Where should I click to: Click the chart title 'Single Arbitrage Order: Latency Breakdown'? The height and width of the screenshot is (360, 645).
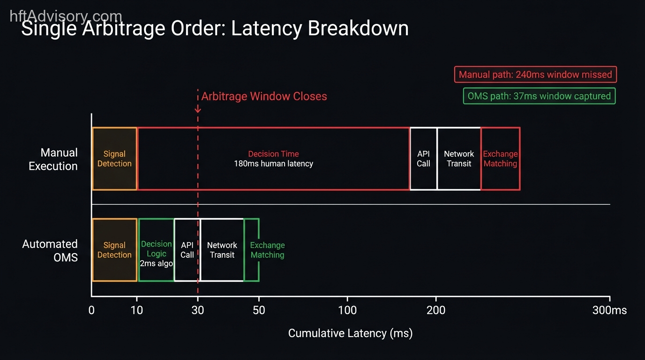(215, 29)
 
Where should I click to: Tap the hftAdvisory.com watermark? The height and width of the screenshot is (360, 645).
(66, 16)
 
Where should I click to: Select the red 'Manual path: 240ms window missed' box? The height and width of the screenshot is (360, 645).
(535, 75)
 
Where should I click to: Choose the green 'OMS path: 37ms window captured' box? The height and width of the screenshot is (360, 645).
(539, 96)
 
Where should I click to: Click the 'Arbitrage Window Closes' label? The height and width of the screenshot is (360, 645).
(264, 97)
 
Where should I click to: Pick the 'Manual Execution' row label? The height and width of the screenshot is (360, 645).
(53, 159)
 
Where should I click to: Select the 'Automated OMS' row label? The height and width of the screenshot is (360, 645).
(50, 250)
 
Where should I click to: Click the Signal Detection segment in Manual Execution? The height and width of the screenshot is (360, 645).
(114, 158)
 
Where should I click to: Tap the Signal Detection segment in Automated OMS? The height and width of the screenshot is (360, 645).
(114, 250)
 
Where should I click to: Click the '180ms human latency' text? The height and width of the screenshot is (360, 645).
(273, 164)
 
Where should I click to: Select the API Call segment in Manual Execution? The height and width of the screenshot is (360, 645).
(423, 158)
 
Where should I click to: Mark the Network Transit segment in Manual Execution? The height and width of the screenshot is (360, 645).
(459, 158)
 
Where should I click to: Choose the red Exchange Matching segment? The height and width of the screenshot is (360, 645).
(500, 158)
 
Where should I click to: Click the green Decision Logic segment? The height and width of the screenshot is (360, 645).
(156, 250)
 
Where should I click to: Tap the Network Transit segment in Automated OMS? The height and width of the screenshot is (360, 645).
(222, 250)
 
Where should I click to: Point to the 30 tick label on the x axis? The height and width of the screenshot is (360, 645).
(198, 310)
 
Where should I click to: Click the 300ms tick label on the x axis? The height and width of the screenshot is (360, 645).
(609, 310)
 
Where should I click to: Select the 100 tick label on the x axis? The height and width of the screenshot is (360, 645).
(347, 310)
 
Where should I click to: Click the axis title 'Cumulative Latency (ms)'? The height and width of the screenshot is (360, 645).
(350, 333)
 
